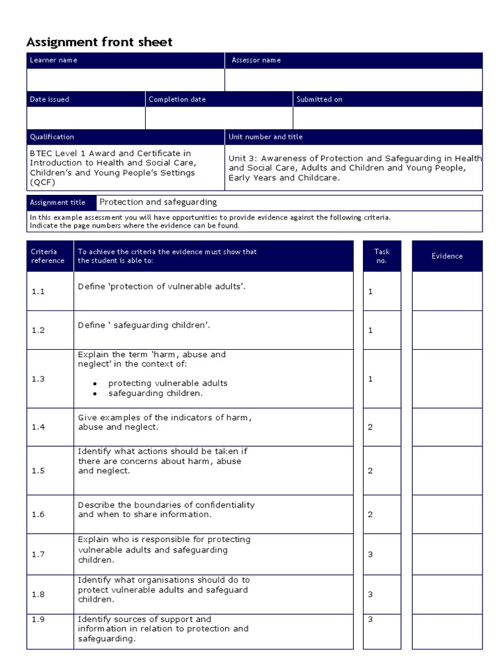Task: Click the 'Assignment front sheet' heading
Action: click(x=99, y=42)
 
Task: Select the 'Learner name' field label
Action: click(x=53, y=60)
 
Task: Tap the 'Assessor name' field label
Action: click(x=256, y=60)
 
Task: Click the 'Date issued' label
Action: click(x=49, y=100)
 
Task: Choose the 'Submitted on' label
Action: click(x=320, y=100)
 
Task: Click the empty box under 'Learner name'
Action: click(x=125, y=79)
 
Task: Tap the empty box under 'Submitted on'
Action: click(x=387, y=118)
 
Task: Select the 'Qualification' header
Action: click(x=52, y=137)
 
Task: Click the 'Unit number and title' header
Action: click(x=265, y=137)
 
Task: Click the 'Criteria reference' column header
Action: click(x=48, y=256)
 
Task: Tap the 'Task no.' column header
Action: click(x=381, y=256)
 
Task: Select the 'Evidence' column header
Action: click(x=447, y=256)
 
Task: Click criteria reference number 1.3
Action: click(x=38, y=379)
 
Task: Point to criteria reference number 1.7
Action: click(x=38, y=555)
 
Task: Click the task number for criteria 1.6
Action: click(x=370, y=514)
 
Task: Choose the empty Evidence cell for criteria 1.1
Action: click(x=447, y=291)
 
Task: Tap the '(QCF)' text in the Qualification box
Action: click(x=43, y=182)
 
